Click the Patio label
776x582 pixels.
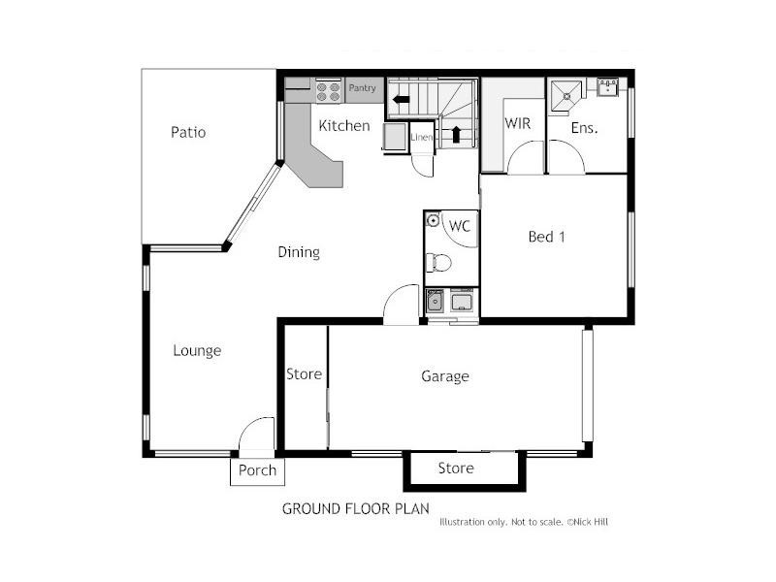(x=188, y=132)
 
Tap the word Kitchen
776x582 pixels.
(x=344, y=125)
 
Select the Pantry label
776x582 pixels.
(x=363, y=88)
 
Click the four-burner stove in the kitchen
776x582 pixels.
(x=329, y=91)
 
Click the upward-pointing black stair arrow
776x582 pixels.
(x=456, y=134)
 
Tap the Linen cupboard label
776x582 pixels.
(x=421, y=138)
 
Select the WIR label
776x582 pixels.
(x=516, y=123)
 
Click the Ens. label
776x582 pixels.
(x=584, y=127)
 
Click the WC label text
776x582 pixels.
(x=460, y=226)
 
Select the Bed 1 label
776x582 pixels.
(x=546, y=236)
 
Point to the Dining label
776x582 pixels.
(x=299, y=252)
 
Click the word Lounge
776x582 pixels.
(x=197, y=350)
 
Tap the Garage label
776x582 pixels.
(x=445, y=375)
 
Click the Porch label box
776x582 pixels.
(x=257, y=470)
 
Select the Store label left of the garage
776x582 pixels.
(x=304, y=373)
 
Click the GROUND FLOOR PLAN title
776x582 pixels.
(x=355, y=508)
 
